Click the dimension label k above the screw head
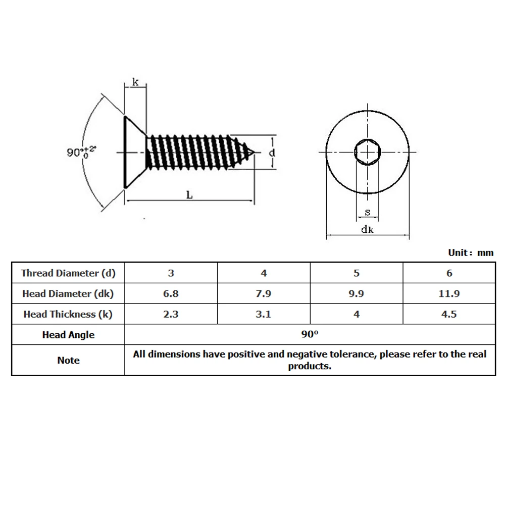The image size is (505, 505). (135, 81)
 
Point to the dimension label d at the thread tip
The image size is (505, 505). (271, 153)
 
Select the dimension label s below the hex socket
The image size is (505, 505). (367, 213)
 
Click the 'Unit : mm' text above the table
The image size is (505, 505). (471, 252)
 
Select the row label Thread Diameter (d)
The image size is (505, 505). (68, 273)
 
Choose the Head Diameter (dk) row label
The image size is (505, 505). (68, 293)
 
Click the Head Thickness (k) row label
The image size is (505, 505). (68, 314)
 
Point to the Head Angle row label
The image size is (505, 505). (68, 335)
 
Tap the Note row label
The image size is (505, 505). (68, 360)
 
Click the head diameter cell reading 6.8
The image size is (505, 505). (171, 293)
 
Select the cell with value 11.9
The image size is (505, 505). (449, 293)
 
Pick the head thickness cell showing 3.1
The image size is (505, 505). (264, 314)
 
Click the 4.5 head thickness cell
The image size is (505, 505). (449, 314)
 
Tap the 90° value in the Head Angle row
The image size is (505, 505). (310, 334)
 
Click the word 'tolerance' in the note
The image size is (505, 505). (353, 354)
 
